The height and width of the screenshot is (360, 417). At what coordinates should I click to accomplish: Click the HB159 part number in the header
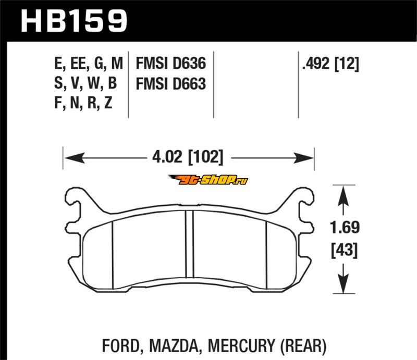click(x=74, y=21)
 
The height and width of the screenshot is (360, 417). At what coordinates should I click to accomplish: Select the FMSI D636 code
click(x=171, y=63)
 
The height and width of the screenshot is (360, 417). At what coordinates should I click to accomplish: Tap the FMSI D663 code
click(x=171, y=83)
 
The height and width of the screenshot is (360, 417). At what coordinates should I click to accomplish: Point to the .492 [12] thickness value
click(x=330, y=64)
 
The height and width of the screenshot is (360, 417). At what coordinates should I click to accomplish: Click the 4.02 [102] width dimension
click(x=188, y=157)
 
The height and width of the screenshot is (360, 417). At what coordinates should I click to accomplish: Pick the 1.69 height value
click(x=345, y=227)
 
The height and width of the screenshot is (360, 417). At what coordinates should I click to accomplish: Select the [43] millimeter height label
click(x=345, y=250)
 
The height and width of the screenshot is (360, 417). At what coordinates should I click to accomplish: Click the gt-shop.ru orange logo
click(x=208, y=180)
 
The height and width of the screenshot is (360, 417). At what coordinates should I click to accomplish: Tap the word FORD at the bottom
click(x=121, y=345)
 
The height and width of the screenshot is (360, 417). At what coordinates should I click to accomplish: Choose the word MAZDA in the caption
click(x=174, y=345)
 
